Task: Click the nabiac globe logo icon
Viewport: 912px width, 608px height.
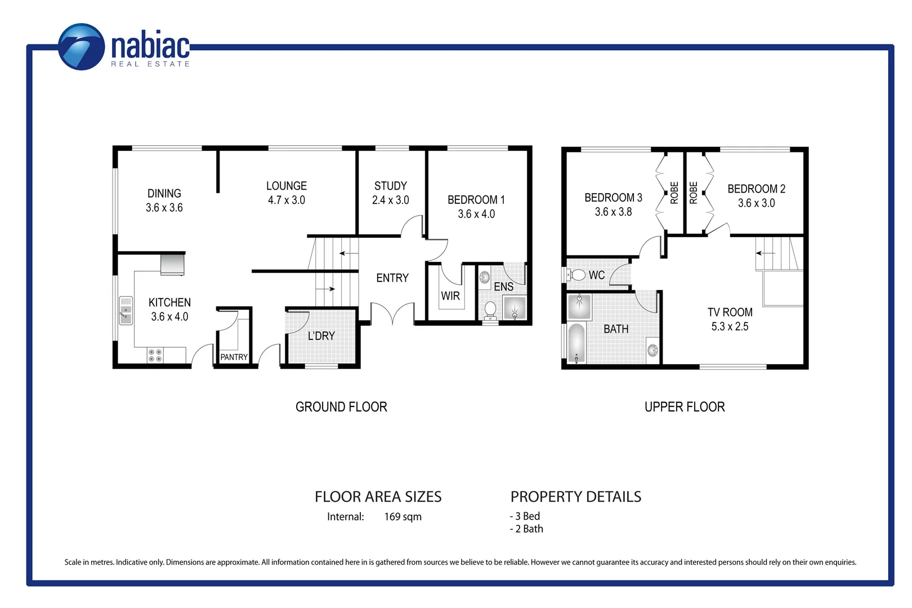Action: tap(82, 47)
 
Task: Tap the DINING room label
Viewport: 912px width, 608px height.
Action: tap(164, 194)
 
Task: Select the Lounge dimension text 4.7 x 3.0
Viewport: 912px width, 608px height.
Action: tap(286, 200)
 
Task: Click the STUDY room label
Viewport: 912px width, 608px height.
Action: tap(390, 186)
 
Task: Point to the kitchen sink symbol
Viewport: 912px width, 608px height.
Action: tap(126, 311)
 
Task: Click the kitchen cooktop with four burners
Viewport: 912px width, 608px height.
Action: tap(155, 355)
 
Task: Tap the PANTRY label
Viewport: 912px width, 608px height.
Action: tap(234, 357)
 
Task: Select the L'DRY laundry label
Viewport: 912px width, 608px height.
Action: tap(321, 336)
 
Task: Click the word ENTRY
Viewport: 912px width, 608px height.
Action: tap(392, 278)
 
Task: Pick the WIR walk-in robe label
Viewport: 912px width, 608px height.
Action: tap(450, 296)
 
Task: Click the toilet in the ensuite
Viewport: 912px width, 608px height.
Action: tap(490, 309)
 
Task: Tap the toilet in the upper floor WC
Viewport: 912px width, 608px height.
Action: tap(576, 275)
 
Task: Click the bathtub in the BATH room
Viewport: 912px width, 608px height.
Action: tap(576, 343)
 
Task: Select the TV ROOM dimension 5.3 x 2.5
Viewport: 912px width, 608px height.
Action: tap(730, 327)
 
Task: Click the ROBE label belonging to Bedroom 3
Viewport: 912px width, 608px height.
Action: tap(674, 193)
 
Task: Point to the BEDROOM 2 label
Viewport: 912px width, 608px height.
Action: tap(755, 189)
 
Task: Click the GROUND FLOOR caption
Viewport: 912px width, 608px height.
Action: tap(341, 407)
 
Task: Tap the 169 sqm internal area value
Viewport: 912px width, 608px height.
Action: tap(403, 517)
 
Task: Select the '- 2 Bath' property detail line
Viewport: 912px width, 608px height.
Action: tap(526, 529)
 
